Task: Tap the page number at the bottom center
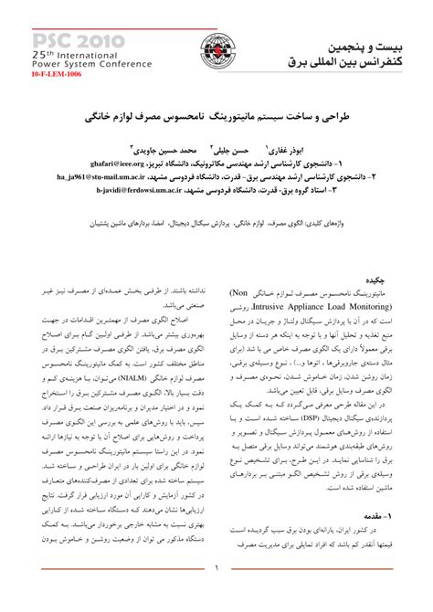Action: pyautogui.click(x=216, y=595)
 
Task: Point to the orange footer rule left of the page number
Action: pyautogui.click(x=110, y=595)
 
